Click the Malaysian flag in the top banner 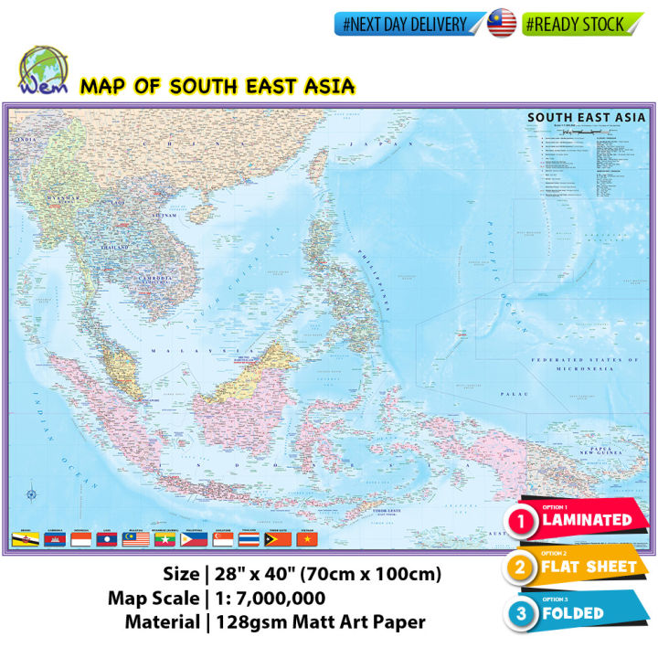pos(502,24)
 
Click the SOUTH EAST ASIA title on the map pos(586,117)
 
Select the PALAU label pos(511,393)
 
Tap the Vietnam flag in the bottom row pos(306,540)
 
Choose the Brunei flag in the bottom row pos(20,540)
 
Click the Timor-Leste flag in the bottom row pos(278,540)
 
